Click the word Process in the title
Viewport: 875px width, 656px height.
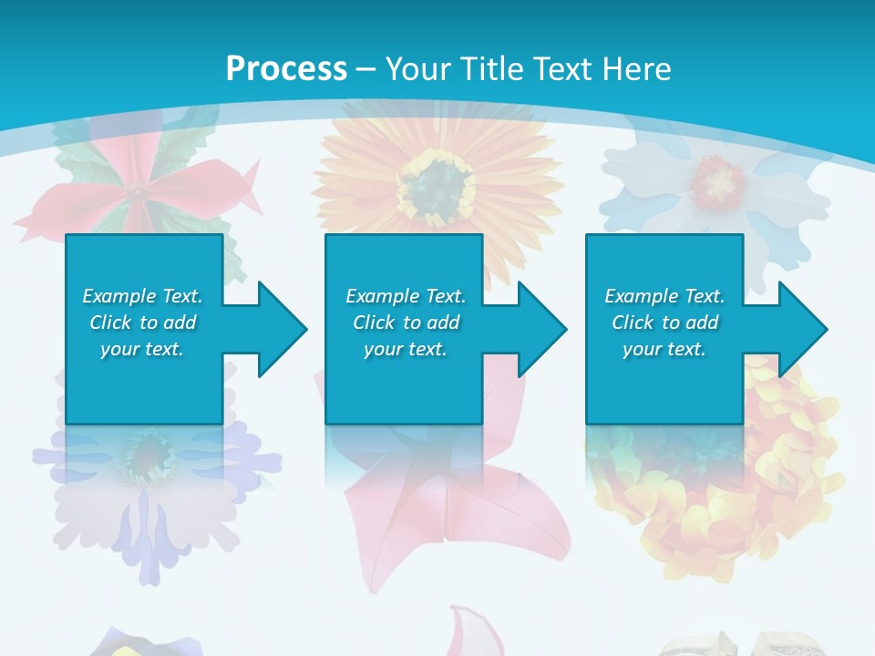(286, 68)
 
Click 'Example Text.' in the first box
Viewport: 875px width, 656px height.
(142, 296)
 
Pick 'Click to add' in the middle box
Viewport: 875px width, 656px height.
(406, 323)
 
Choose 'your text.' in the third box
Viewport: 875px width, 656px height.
(664, 349)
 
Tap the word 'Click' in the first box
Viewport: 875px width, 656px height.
(111, 323)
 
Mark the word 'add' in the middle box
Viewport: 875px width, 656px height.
(443, 323)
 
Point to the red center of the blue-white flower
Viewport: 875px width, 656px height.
(717, 180)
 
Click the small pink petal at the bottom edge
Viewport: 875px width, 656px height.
(465, 633)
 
